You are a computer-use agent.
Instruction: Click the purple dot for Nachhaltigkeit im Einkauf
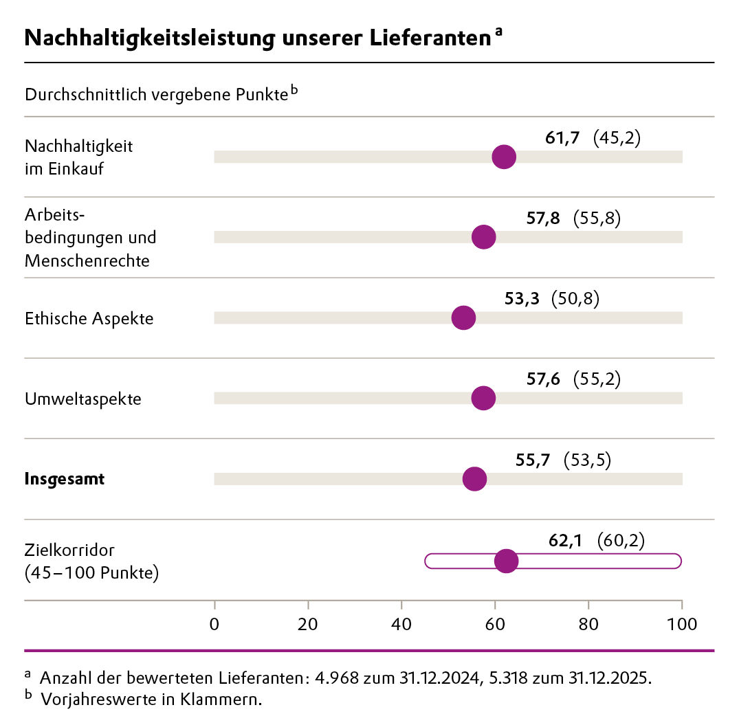[504, 157]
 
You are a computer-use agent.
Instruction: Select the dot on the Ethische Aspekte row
[463, 317]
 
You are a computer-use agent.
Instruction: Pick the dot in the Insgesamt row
[474, 479]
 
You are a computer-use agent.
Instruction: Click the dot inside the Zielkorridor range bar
[506, 561]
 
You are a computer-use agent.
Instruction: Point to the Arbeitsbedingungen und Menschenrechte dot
[483, 237]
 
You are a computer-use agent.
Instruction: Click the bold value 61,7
[562, 138]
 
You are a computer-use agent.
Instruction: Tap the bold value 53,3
[521, 299]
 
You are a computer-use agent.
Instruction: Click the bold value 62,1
[565, 541]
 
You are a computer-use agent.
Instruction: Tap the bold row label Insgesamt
[65, 480]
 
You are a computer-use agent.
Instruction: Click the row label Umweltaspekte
[82, 399]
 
